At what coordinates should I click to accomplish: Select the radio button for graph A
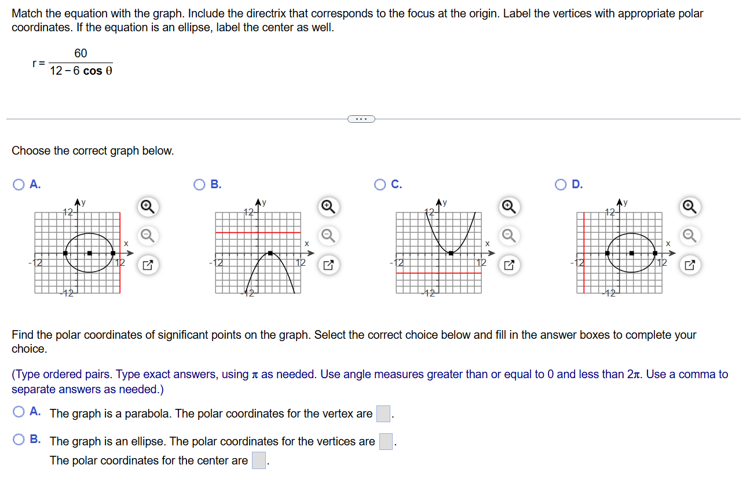click(19, 185)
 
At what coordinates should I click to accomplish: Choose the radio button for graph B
click(200, 185)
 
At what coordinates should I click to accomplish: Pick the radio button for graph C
click(380, 185)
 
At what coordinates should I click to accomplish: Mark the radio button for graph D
click(561, 185)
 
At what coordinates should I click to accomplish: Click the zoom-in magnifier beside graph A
click(148, 207)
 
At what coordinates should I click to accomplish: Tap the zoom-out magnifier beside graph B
click(328, 236)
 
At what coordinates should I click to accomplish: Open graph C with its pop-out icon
click(508, 266)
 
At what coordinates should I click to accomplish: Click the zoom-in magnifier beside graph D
click(689, 207)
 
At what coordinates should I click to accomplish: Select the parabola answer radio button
click(19, 412)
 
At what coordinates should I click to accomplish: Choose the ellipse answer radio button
click(19, 440)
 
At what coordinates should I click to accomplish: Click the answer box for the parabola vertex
click(383, 414)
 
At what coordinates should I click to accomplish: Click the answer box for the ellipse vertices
click(386, 441)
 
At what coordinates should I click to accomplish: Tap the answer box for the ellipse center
click(258, 460)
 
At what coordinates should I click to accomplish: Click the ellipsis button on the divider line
click(361, 119)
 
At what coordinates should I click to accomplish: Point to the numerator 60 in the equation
click(80, 53)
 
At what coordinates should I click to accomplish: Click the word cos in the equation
click(93, 71)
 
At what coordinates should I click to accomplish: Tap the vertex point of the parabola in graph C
click(451, 253)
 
